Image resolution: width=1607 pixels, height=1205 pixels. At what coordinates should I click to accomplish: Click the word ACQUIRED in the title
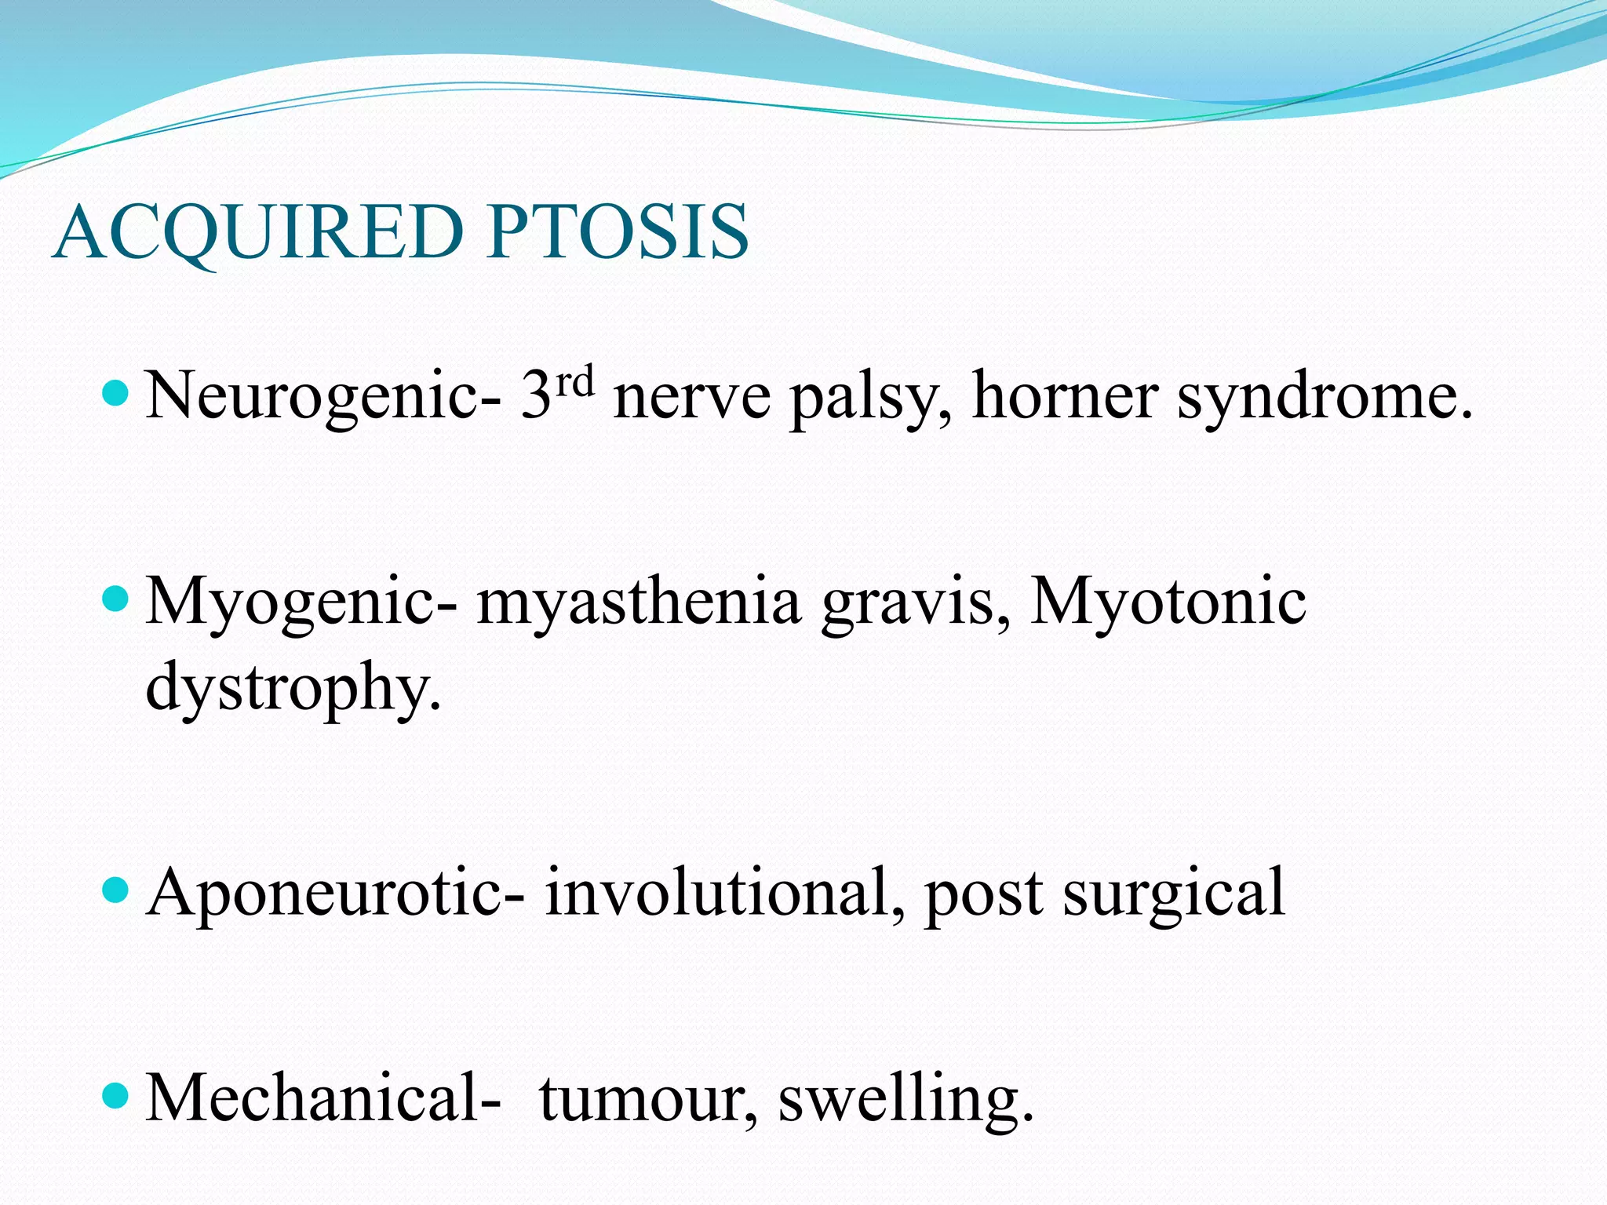coord(259,232)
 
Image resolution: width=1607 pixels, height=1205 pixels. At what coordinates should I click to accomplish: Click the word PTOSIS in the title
coord(618,232)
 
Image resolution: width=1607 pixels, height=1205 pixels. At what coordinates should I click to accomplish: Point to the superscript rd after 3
coord(574,382)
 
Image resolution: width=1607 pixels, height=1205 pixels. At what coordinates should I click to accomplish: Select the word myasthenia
coord(639,602)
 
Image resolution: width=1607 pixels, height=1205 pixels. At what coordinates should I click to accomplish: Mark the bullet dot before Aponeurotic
coord(115,890)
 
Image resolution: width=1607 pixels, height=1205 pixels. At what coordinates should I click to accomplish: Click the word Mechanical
coord(323,1097)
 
